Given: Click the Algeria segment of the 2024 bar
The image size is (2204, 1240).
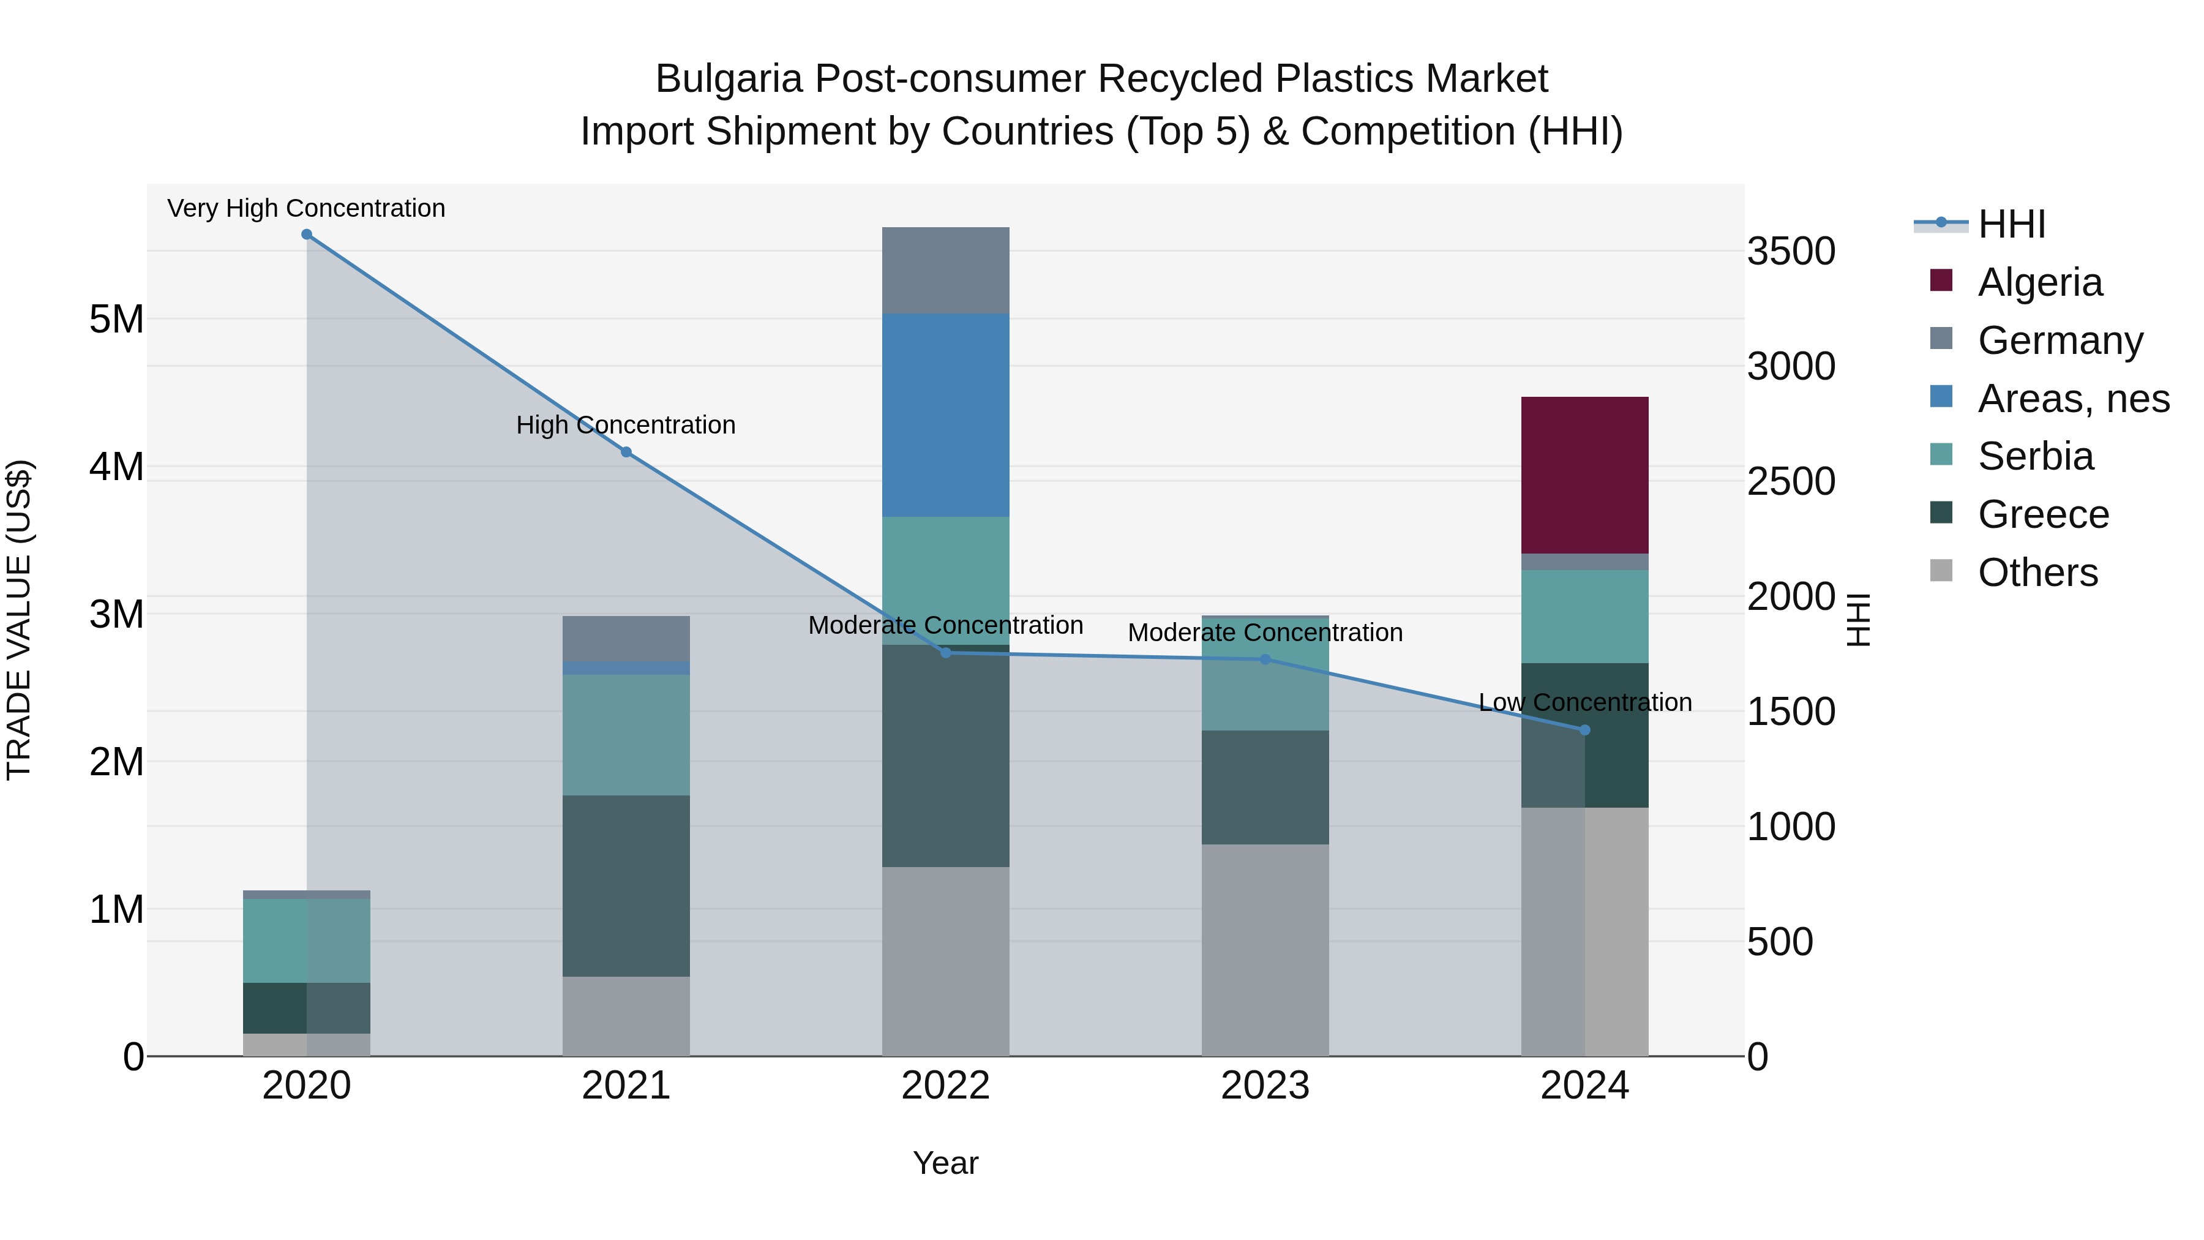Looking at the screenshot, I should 1584,475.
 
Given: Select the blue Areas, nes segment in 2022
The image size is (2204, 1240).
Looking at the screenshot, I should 945,415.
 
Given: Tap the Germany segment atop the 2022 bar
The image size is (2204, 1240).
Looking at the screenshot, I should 945,271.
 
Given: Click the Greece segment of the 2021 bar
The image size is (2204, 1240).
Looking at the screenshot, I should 626,885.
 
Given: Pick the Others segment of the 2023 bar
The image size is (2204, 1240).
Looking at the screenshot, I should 1265,950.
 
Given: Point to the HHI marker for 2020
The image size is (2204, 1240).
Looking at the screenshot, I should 306,235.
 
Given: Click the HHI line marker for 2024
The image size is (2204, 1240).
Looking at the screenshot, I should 1584,730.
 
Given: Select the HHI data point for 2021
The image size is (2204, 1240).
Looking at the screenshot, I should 626,452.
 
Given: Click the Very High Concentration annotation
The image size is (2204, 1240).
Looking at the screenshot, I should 306,209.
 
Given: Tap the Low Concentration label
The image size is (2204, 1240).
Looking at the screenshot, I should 1584,702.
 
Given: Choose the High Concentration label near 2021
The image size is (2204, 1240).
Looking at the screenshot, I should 626,426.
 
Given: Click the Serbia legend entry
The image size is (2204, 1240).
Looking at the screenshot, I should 2036,456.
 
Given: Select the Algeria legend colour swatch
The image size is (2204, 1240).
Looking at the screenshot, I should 1941,280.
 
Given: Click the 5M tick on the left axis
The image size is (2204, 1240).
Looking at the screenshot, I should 116,319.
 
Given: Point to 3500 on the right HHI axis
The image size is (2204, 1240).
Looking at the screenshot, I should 1791,252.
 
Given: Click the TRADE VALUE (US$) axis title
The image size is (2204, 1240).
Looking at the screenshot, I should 20,620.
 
